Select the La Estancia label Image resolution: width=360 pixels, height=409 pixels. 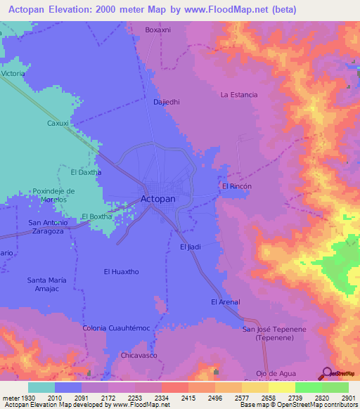point(239,94)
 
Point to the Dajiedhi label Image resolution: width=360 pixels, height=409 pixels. point(167,102)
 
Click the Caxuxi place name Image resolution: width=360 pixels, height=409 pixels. point(58,123)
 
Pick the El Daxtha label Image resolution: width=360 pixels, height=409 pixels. point(86,171)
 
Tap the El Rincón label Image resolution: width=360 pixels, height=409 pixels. point(236,186)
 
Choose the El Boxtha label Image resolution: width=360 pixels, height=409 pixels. point(97,216)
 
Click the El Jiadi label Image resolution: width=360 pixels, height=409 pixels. point(191,247)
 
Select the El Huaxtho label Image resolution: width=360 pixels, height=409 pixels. point(120,271)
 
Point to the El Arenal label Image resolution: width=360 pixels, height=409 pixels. point(225,302)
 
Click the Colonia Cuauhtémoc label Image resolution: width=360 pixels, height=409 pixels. point(116,328)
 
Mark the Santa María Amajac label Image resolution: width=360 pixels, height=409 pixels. point(47,285)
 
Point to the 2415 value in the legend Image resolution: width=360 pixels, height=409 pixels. point(188,398)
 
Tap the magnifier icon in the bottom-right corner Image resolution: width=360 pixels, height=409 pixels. point(326,373)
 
